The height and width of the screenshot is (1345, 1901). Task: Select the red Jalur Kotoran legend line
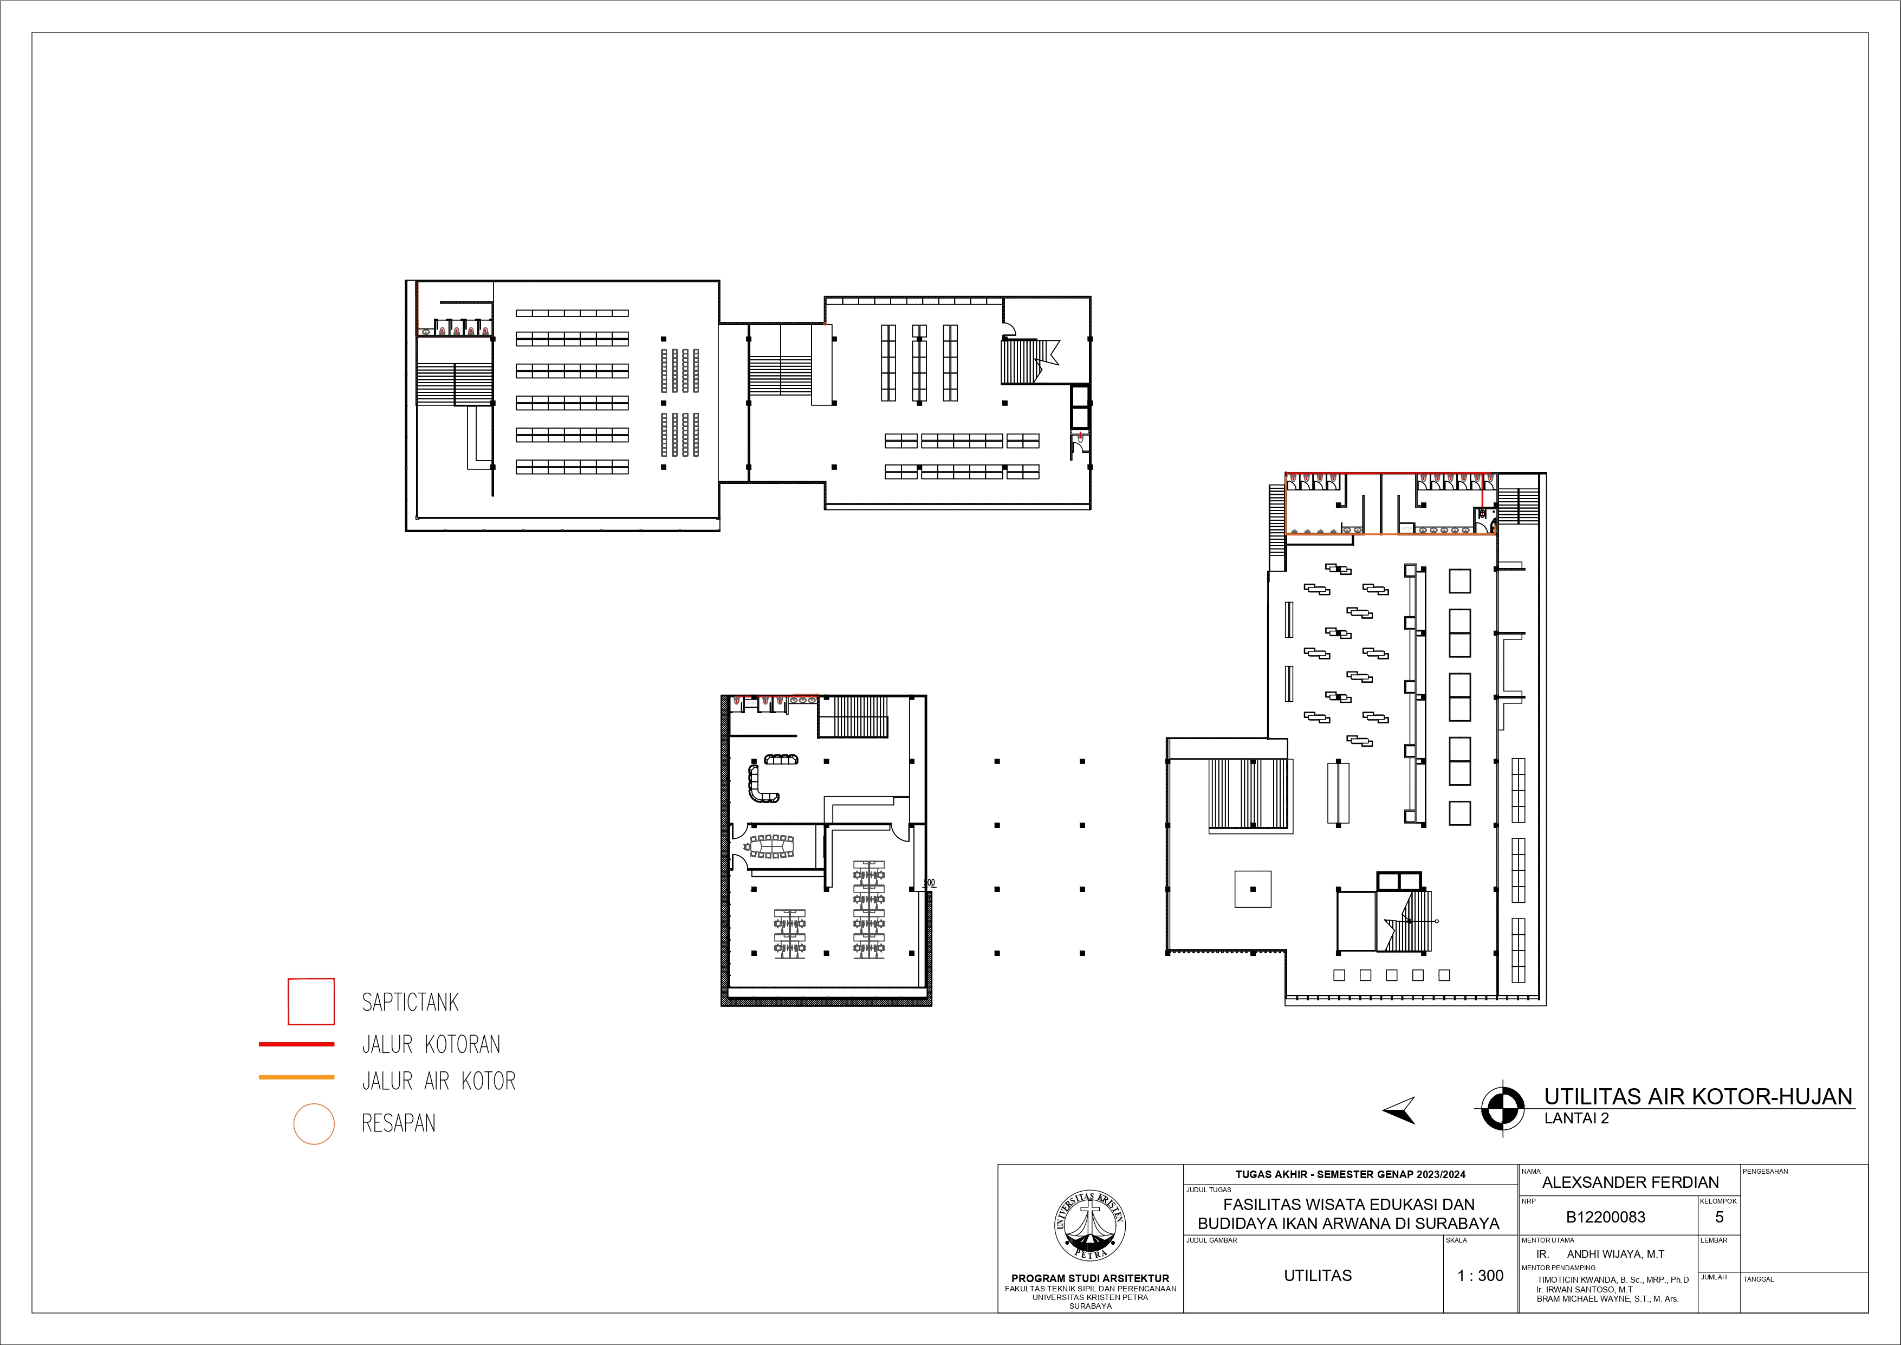tap(296, 1044)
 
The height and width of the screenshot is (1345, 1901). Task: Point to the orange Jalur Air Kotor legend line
tap(296, 1077)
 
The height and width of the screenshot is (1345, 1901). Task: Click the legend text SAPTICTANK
tap(410, 1002)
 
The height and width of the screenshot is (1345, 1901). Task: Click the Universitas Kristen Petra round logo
tap(1089, 1226)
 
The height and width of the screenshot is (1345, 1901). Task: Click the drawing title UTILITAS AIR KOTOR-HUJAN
tap(1698, 1097)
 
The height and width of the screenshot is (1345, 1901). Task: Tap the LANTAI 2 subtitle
tap(1576, 1118)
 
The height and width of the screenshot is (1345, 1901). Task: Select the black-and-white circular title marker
tap(1502, 1107)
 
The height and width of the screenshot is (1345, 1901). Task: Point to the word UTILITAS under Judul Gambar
tap(1318, 1276)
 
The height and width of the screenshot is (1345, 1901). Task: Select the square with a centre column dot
tap(1253, 889)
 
